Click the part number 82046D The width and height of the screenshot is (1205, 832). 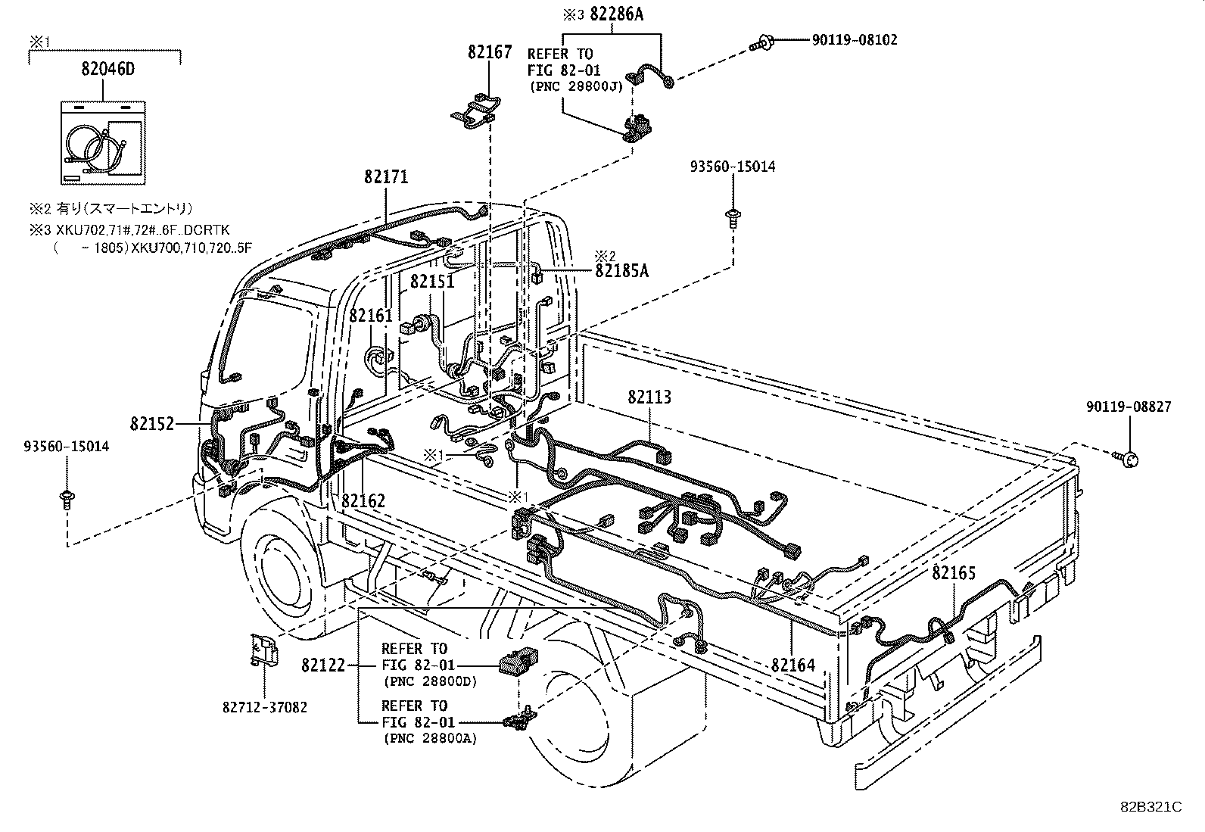107,69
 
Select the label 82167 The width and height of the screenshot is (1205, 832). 490,52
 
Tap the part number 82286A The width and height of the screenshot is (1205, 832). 616,14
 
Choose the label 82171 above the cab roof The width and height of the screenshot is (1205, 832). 386,177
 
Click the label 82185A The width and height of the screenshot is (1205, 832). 621,270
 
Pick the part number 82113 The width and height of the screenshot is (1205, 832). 649,397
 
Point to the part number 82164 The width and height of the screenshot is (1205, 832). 793,665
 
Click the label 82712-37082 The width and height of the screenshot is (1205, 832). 265,706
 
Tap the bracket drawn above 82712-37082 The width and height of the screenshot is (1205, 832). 263,650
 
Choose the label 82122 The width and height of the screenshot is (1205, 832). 323,665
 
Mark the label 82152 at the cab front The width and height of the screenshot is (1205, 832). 152,424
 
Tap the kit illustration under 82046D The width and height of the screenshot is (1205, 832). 102,142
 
